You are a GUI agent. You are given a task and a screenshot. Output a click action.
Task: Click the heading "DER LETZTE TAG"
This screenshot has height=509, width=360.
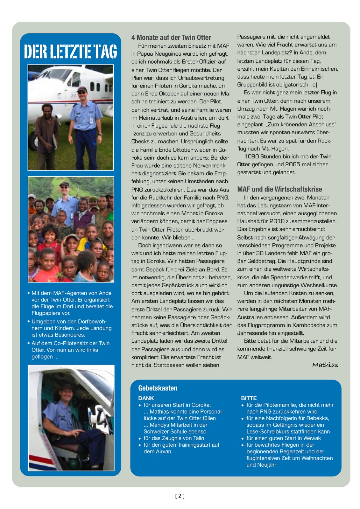click(x=70, y=52)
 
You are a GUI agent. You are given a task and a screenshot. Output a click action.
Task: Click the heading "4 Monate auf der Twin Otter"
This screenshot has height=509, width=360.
click(x=171, y=38)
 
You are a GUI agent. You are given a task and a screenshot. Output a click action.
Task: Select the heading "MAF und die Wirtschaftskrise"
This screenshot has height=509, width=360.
click(x=279, y=189)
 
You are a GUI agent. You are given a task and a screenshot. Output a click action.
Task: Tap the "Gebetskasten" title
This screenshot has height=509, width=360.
click(x=158, y=388)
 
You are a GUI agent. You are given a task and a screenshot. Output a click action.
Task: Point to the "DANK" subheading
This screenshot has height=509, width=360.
click(x=146, y=398)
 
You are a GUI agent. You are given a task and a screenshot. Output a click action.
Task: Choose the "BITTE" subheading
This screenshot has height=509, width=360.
click(x=249, y=398)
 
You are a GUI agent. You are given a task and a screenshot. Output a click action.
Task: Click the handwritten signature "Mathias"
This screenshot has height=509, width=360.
click(x=325, y=365)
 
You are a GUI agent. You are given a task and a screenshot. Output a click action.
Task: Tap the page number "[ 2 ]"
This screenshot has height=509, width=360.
click(x=180, y=496)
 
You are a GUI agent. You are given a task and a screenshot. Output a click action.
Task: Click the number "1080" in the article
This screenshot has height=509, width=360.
click(x=251, y=157)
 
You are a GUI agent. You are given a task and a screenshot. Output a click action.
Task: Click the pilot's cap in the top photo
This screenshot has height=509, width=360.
click(x=82, y=89)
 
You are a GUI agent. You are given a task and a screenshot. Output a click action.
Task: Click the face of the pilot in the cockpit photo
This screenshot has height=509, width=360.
click(x=68, y=397)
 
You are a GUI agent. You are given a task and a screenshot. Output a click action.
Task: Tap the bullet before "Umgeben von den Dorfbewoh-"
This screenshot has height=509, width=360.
click(x=29, y=322)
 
